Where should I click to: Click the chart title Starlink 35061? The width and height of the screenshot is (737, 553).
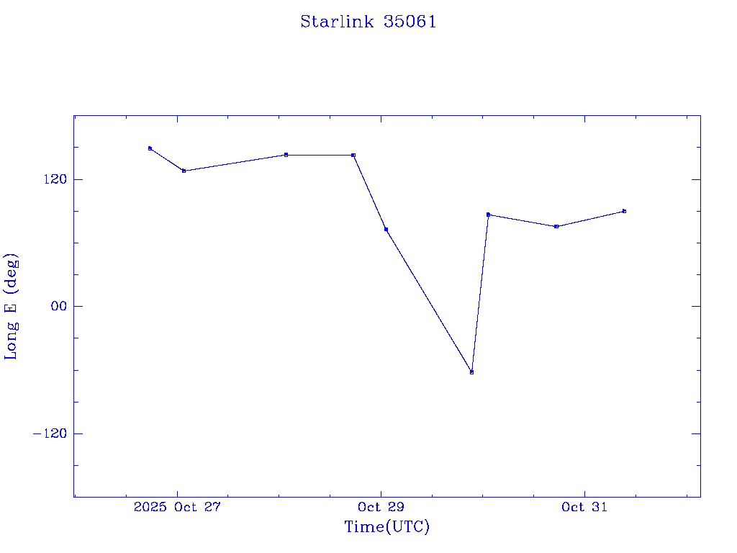(368, 22)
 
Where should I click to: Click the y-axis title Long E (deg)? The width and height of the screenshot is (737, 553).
(12, 306)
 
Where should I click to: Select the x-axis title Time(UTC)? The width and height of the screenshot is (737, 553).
(386, 527)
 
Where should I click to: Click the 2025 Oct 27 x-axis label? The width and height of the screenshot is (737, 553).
(176, 507)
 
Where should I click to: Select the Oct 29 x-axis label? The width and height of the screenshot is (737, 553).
(381, 507)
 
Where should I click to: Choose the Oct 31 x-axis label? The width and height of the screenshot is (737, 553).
(584, 507)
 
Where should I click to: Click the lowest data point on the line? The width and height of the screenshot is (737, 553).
(471, 372)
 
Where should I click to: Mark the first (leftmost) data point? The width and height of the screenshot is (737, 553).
(150, 148)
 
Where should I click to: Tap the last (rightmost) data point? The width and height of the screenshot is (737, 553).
(624, 211)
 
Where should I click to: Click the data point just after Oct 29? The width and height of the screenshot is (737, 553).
(386, 229)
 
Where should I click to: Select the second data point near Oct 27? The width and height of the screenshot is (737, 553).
(184, 171)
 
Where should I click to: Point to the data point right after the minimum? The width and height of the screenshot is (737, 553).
(488, 215)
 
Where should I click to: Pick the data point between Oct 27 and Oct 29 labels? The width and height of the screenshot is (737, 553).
(286, 155)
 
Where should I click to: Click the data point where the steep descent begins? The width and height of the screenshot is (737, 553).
(353, 155)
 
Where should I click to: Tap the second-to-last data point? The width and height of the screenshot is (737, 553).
(556, 226)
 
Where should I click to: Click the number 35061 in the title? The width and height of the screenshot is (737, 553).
(410, 22)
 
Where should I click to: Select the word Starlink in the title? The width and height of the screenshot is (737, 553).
(337, 22)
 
